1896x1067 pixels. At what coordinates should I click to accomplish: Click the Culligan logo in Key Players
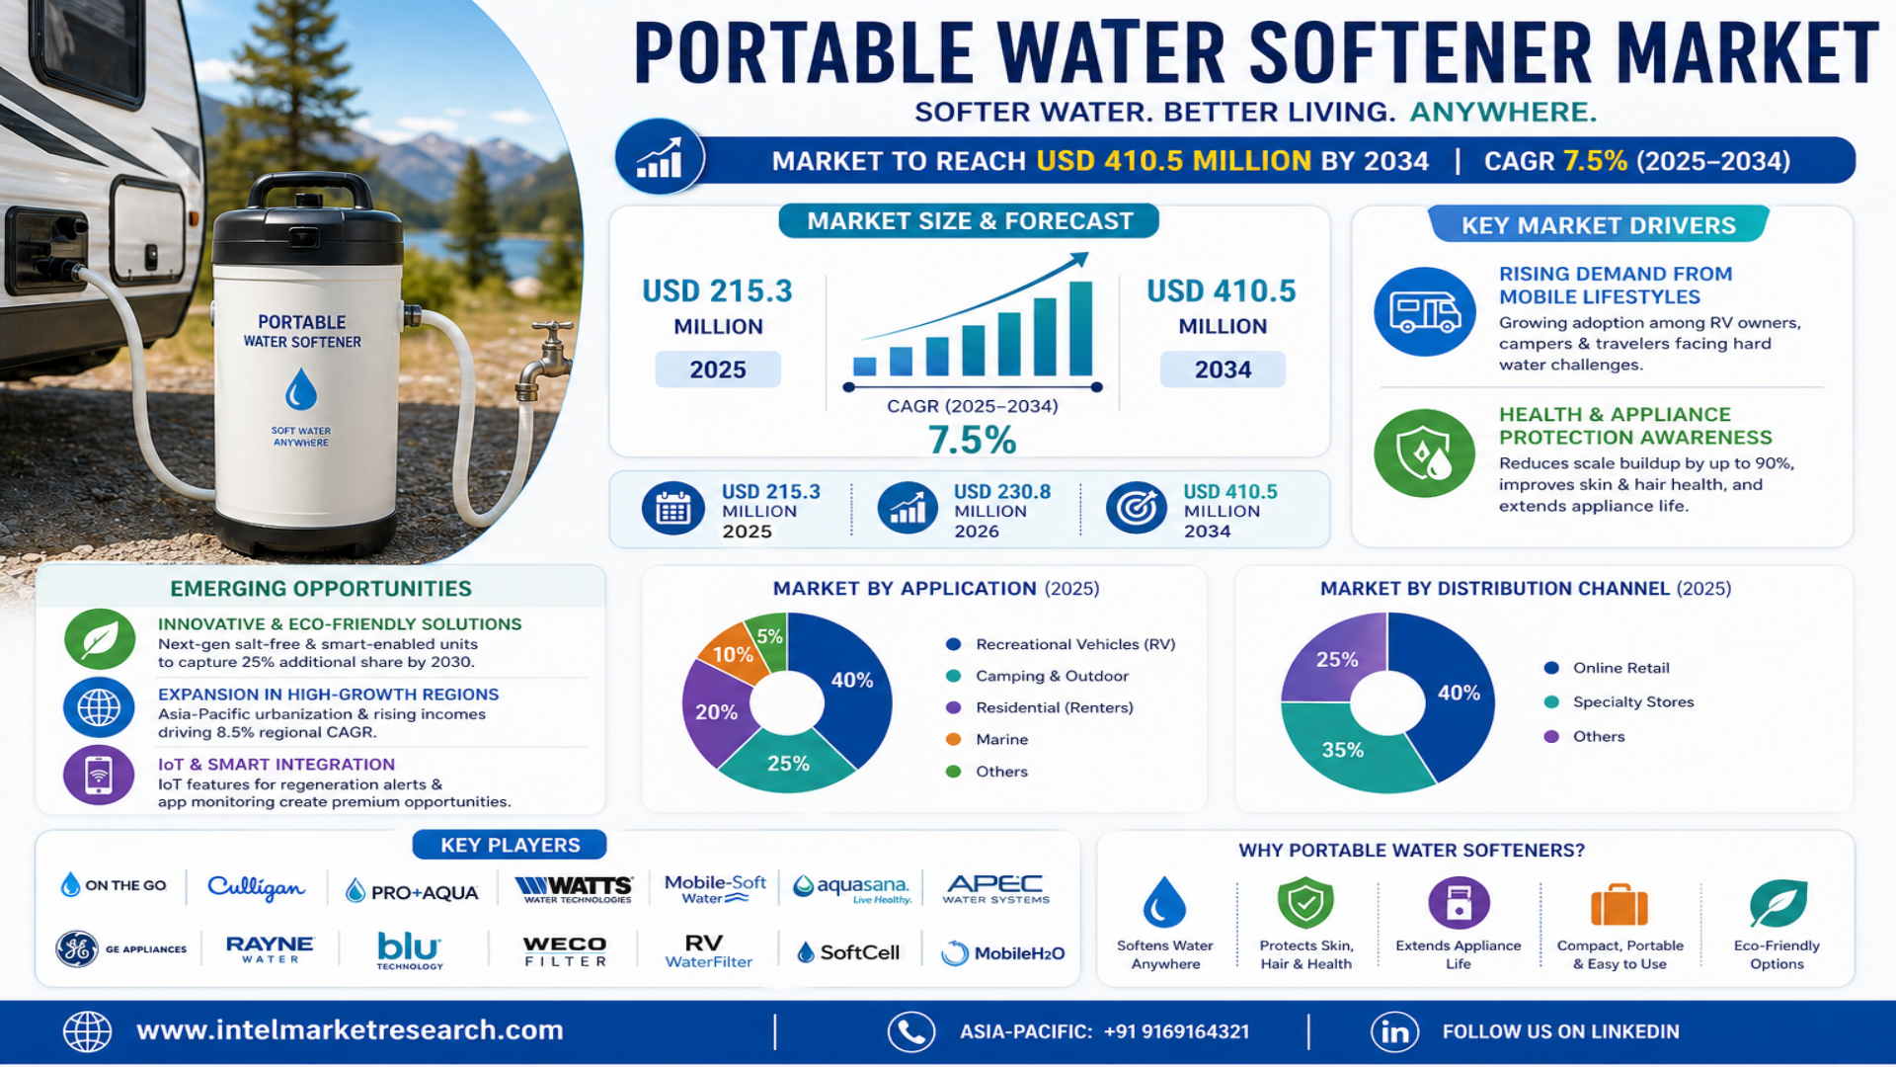click(256, 887)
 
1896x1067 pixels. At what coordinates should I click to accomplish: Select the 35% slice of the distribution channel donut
click(1344, 750)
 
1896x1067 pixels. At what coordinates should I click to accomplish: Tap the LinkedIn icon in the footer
click(1394, 1031)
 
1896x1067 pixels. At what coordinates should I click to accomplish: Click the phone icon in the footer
click(910, 1031)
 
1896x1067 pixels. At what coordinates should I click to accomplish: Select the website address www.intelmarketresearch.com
click(350, 1030)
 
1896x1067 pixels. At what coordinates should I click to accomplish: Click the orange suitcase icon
click(1619, 905)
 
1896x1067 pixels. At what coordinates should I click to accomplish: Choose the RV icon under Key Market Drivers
click(1424, 312)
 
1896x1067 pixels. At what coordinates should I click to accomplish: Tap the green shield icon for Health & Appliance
click(1424, 453)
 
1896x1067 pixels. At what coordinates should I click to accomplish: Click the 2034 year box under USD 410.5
click(1223, 369)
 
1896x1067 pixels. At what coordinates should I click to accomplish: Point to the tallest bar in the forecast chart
click(1080, 328)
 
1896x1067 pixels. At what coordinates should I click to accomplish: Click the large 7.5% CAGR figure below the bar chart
click(972, 441)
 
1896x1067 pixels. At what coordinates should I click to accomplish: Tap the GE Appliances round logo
click(77, 948)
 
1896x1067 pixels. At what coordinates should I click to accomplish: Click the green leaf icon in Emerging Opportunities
click(100, 639)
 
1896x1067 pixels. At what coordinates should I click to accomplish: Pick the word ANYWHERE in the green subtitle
click(1502, 112)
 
